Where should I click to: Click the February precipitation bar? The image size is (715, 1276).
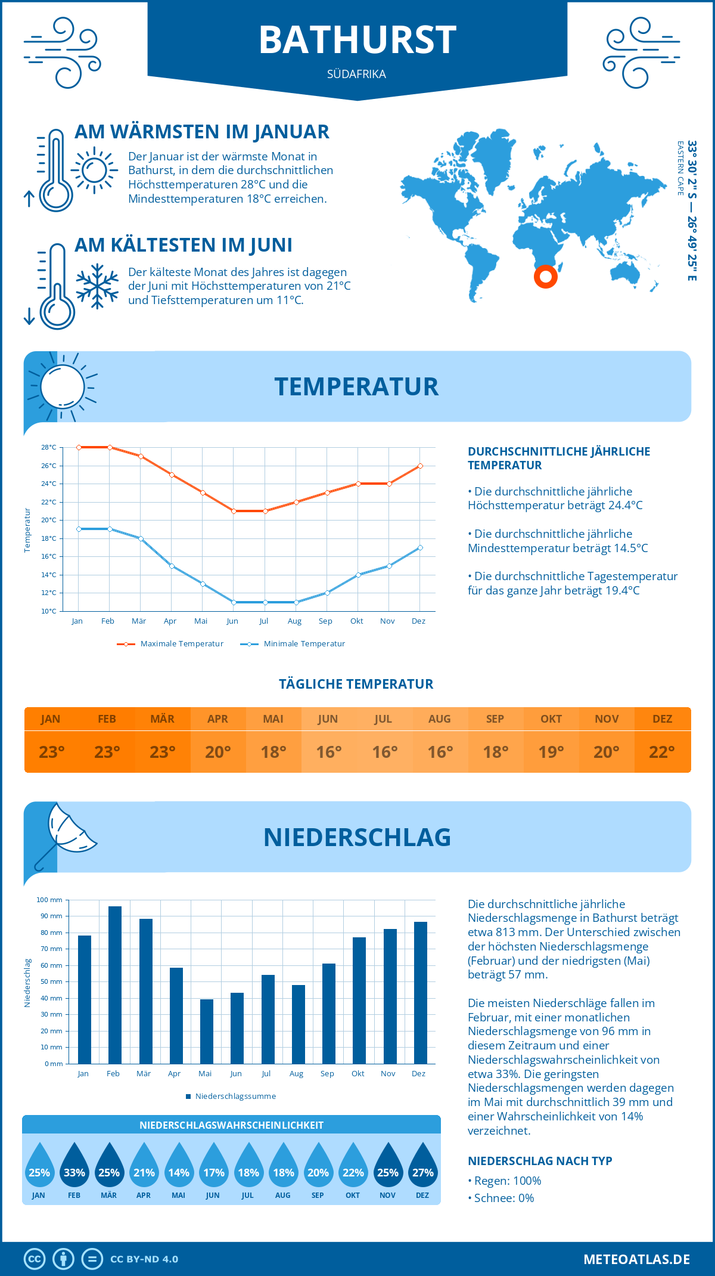(115, 984)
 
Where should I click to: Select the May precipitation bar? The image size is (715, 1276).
(207, 1031)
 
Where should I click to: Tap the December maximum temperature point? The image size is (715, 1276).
(420, 466)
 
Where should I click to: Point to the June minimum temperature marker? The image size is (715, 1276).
(234, 602)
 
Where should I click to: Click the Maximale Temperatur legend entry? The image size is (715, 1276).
(170, 644)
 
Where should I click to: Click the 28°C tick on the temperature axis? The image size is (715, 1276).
(49, 447)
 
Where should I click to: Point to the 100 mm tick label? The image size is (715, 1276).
(49, 900)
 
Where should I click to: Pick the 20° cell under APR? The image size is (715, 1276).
(218, 752)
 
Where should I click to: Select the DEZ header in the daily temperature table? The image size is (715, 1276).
(662, 719)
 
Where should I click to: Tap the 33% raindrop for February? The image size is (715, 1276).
(74, 1166)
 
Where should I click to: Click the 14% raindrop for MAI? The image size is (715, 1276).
(179, 1166)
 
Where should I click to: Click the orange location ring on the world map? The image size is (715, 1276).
(545, 276)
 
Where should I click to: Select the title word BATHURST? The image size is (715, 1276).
(357, 41)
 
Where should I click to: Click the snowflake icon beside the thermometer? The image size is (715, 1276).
(97, 286)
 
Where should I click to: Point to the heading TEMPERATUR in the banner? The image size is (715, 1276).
(356, 386)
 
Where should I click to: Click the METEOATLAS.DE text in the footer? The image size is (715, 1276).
(636, 1259)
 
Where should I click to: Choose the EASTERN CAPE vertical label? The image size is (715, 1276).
(680, 168)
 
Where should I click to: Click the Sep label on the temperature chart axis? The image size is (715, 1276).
(325, 621)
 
